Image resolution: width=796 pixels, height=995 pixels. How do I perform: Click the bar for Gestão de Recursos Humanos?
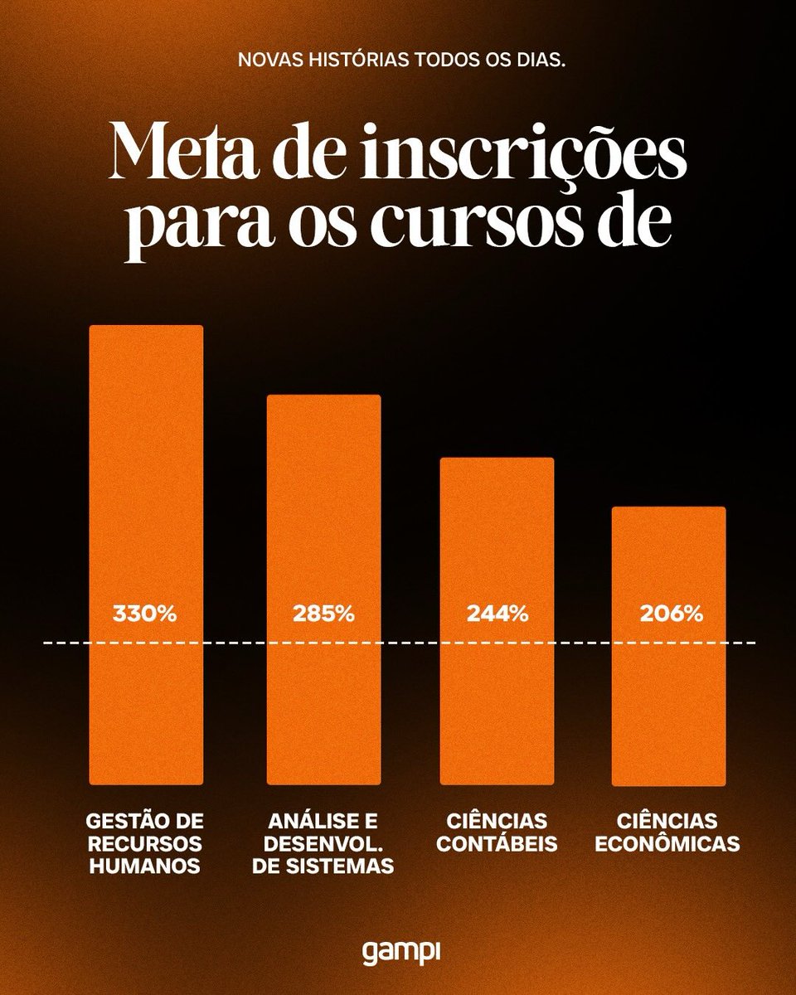pyautogui.click(x=146, y=498)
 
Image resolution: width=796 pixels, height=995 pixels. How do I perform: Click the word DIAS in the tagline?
pyautogui.click(x=540, y=63)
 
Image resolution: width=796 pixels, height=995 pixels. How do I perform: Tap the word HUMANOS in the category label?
pyautogui.click(x=146, y=867)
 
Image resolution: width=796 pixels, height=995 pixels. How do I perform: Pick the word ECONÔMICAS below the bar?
pyautogui.click(x=667, y=845)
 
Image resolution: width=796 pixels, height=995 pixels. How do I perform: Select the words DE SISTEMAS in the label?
pyautogui.click(x=323, y=867)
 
